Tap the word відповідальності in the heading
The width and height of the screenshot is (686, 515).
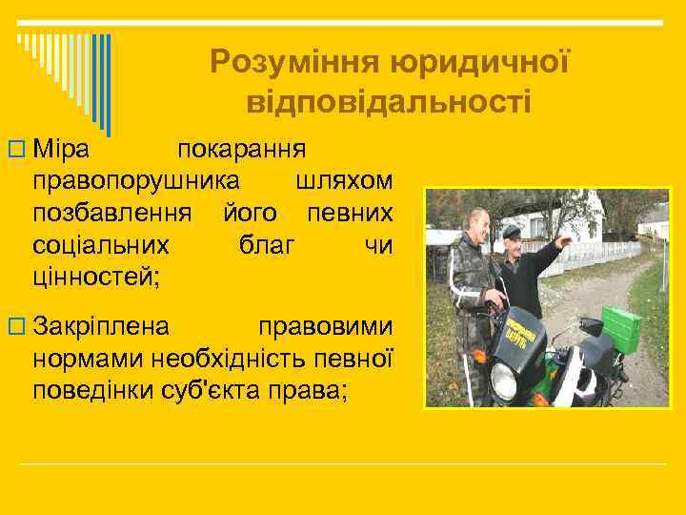point(389,100)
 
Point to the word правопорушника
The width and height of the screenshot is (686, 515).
point(136,181)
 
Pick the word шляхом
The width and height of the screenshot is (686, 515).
point(344,181)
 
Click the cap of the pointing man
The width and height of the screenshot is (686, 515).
point(512,229)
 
